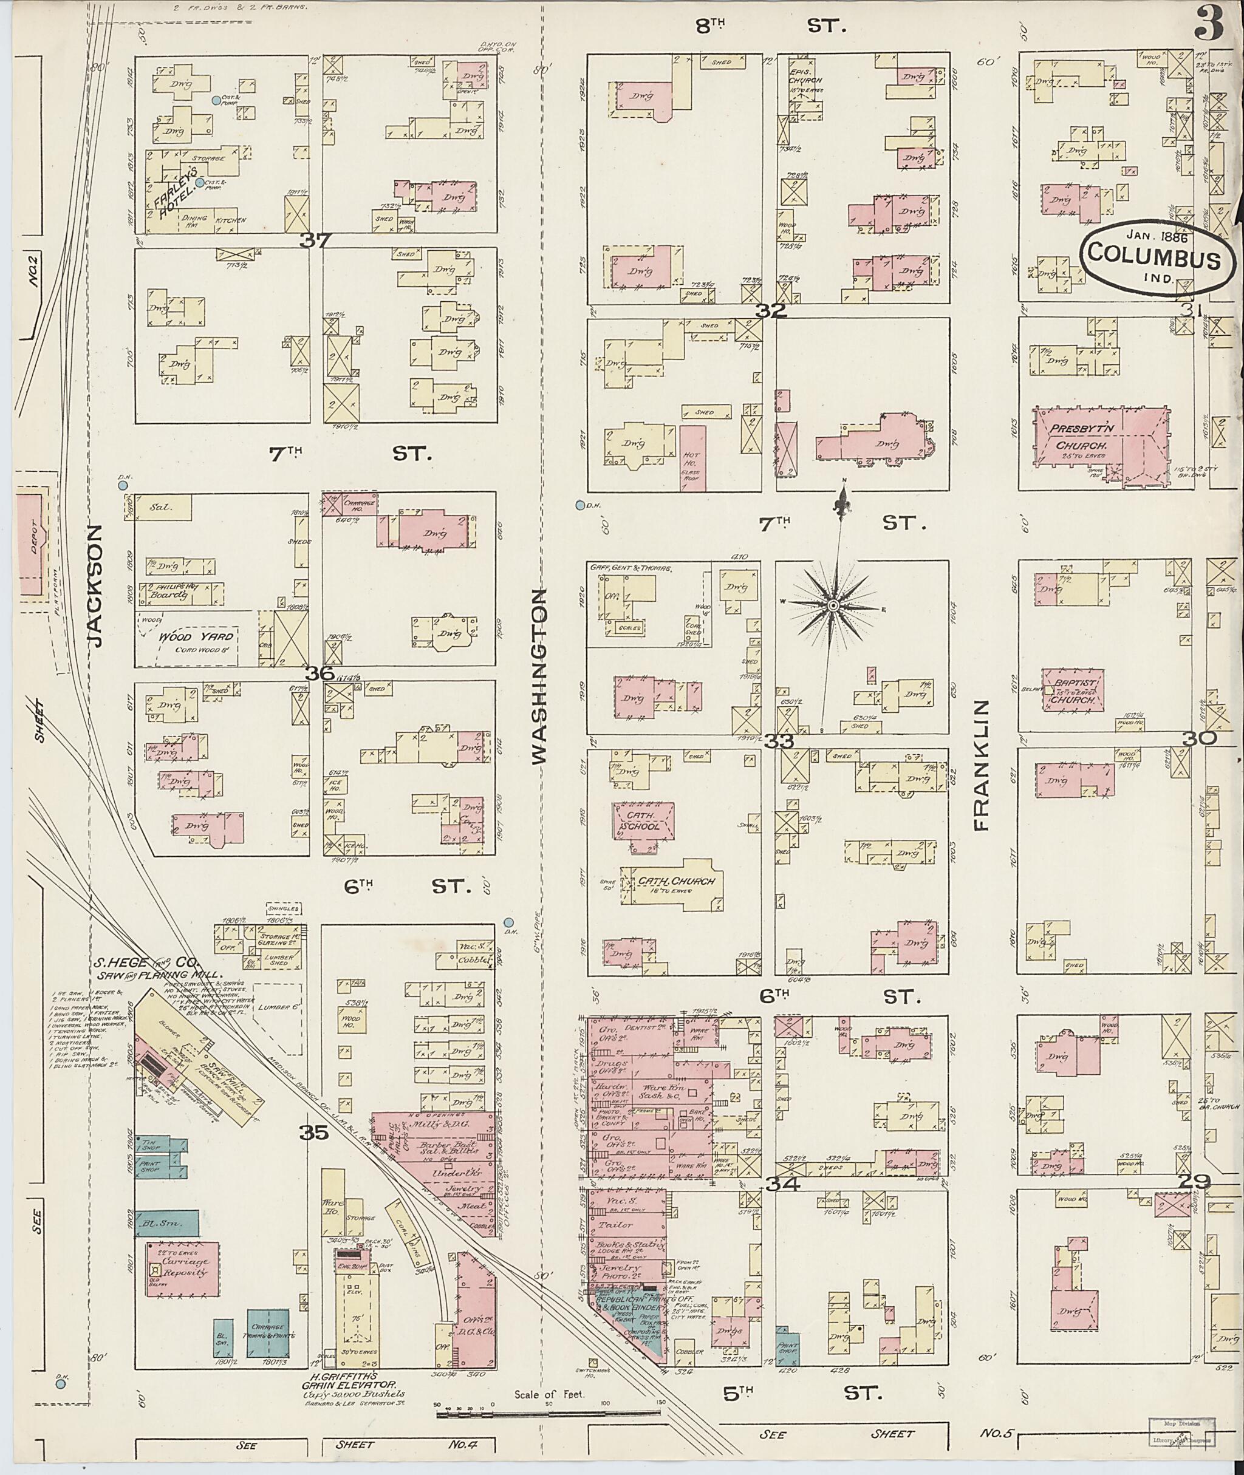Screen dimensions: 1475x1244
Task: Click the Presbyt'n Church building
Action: click(1099, 446)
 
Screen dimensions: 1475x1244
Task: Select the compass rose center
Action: click(833, 605)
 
